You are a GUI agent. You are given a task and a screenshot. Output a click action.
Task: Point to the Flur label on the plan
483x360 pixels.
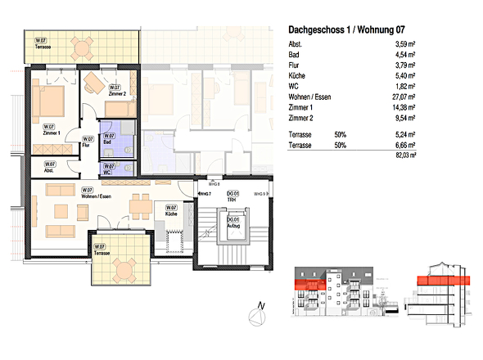(x=87, y=142)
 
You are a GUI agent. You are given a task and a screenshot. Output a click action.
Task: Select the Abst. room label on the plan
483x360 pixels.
(x=49, y=168)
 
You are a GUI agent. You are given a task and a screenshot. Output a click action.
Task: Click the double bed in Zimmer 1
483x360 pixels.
(x=50, y=103)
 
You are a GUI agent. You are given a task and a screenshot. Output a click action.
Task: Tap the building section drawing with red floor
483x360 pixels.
(x=442, y=290)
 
